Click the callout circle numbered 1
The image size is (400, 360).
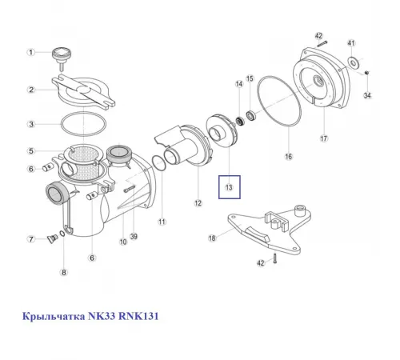(x=31, y=53)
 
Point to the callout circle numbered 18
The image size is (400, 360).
(x=212, y=238)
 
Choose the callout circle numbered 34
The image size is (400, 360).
(x=367, y=95)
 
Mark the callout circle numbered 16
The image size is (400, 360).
(x=288, y=156)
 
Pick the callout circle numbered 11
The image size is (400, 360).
(x=162, y=222)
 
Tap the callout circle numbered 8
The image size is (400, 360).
(x=66, y=273)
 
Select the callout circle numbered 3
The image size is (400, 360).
(x=31, y=124)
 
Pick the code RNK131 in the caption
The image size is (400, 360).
(x=141, y=317)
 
